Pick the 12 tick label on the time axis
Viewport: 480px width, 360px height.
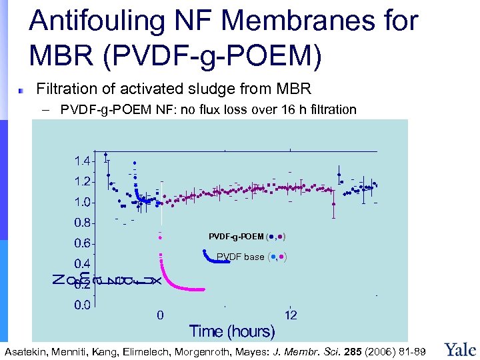[x=291, y=315]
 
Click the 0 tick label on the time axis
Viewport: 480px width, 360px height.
[x=160, y=315]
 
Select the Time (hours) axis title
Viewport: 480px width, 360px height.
[x=232, y=331]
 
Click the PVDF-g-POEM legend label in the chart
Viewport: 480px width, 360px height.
[x=236, y=237]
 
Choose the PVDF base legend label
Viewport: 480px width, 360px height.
[x=241, y=257]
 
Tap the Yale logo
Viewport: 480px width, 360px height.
[x=460, y=349]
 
